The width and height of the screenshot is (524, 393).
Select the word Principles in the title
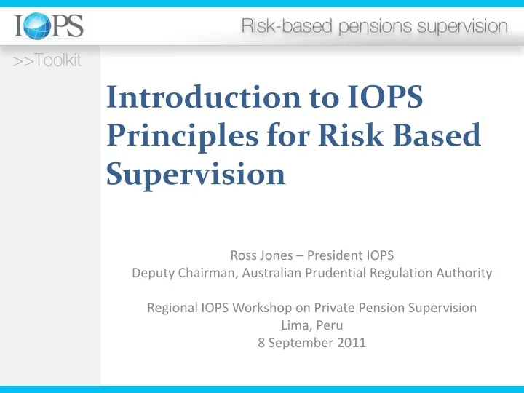click(172, 137)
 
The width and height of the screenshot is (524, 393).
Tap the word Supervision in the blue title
click(195, 174)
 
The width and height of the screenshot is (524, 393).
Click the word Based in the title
click(436, 137)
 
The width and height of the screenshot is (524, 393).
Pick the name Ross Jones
click(261, 255)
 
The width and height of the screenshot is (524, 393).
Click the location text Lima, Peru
click(311, 326)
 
